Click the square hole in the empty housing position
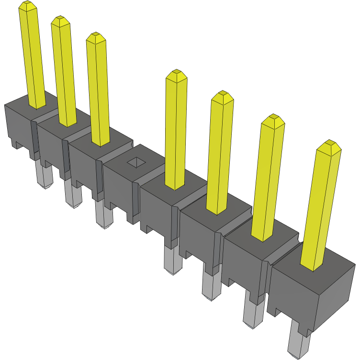[x=136, y=162]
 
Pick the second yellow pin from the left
[x=64, y=72]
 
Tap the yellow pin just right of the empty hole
[x=175, y=129]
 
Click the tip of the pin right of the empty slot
[x=177, y=74]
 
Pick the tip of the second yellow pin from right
[x=273, y=119]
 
